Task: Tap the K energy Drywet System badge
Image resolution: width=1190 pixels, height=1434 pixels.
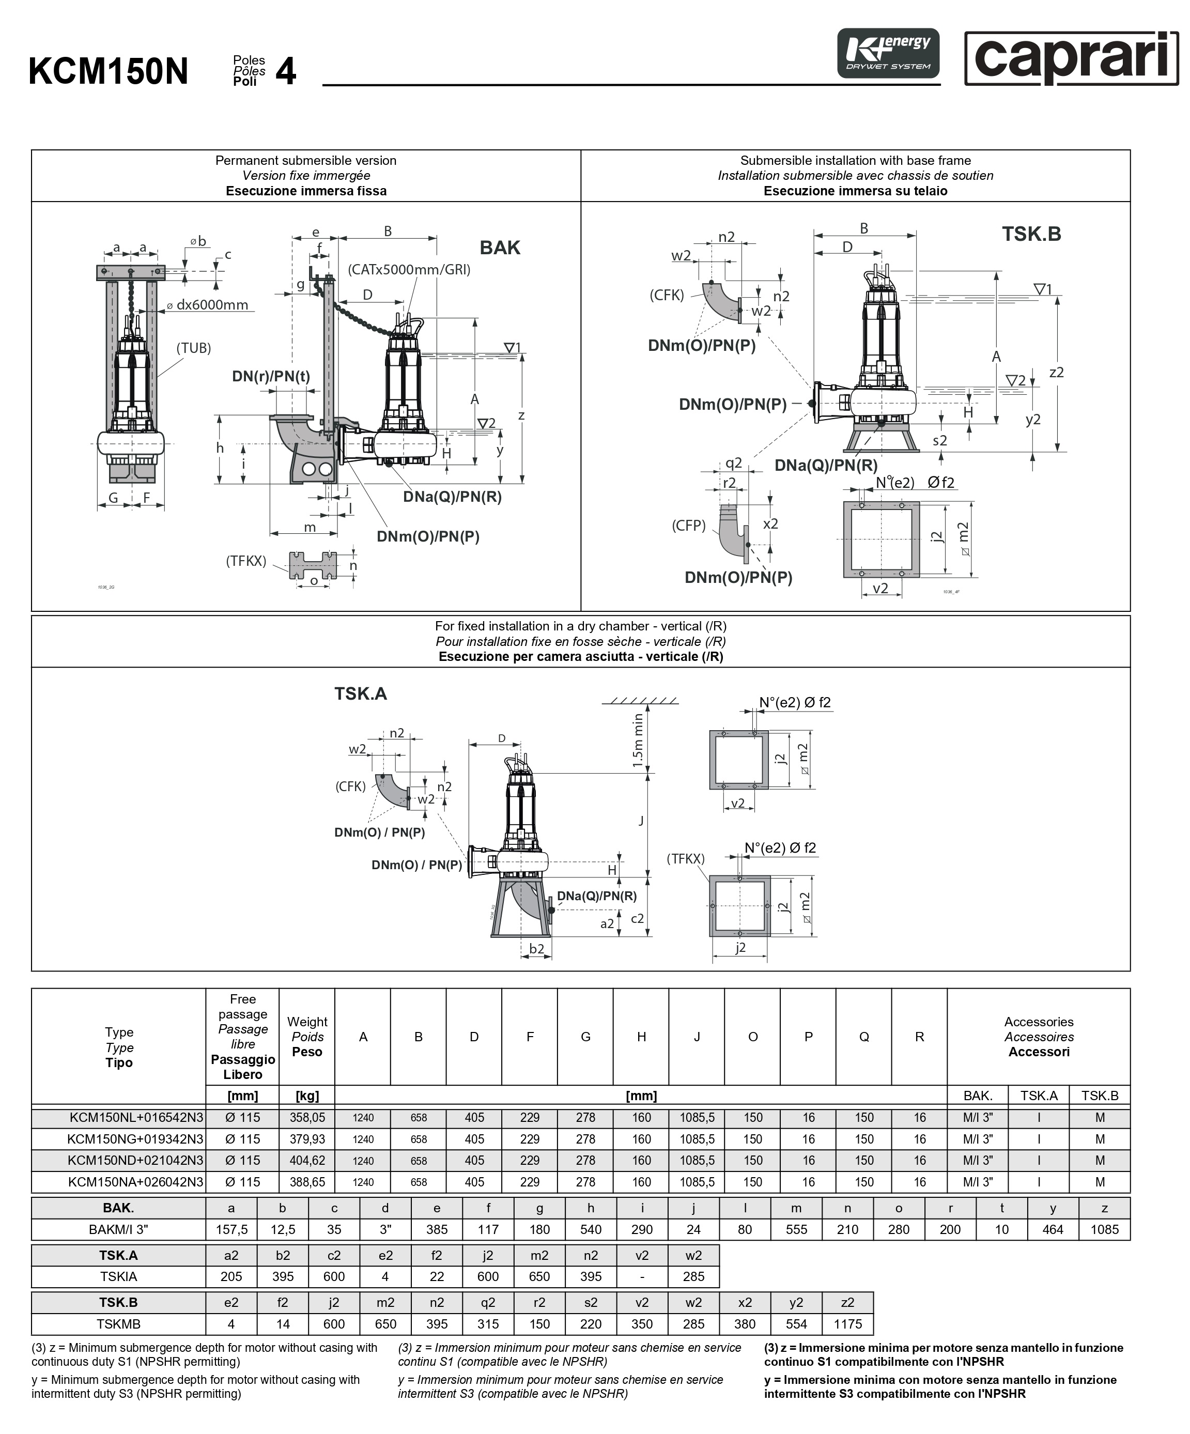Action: click(888, 53)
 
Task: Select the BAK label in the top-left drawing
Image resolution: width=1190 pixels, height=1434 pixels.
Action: click(500, 248)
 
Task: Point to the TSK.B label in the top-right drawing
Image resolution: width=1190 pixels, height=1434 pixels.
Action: click(1031, 234)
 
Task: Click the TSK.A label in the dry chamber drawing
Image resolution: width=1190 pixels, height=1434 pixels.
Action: click(361, 694)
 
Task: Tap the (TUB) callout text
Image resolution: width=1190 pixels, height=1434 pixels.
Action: click(194, 348)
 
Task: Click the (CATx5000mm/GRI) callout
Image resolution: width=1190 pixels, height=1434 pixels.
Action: click(409, 270)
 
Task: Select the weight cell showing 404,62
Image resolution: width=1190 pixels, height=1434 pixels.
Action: click(307, 1160)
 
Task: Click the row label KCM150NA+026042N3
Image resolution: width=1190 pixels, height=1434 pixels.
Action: click(136, 1182)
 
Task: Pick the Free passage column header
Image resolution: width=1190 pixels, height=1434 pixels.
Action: click(242, 1037)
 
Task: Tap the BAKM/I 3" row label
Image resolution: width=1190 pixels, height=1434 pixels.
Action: click(118, 1230)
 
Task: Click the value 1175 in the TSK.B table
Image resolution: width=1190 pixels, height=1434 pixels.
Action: click(847, 1324)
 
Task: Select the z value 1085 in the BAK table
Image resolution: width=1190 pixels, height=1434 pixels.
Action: click(1104, 1230)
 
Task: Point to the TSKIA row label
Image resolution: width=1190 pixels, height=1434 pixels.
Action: click(118, 1276)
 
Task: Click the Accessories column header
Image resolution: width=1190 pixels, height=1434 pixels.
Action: click(1039, 1037)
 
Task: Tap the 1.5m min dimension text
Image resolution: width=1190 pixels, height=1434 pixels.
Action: click(638, 740)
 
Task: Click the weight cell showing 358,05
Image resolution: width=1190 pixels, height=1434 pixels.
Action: click(307, 1118)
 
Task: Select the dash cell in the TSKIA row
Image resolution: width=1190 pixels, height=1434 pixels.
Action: click(642, 1276)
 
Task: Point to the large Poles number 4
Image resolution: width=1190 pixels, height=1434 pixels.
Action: click(285, 71)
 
